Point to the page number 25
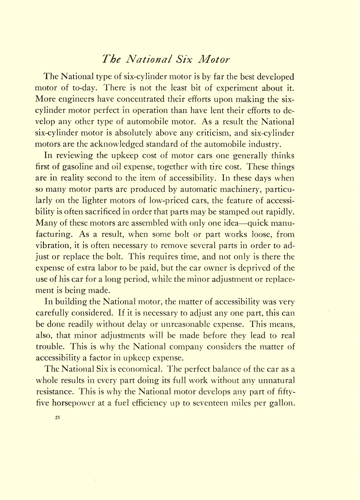[58, 418]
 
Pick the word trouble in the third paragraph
[49, 347]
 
